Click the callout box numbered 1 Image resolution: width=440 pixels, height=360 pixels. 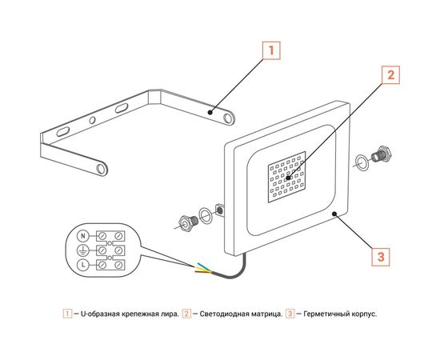point(271,50)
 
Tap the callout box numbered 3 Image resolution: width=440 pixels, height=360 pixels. point(382,257)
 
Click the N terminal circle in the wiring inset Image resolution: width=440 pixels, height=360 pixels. point(82,236)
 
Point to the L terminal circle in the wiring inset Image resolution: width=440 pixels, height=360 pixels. point(82,264)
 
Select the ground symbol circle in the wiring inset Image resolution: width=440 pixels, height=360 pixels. point(82,250)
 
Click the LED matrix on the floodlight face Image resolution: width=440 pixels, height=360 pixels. point(289,178)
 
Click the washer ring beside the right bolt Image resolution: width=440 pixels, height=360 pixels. point(362,162)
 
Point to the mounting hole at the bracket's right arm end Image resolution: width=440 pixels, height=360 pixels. point(229,118)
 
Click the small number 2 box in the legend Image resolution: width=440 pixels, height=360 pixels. point(186,314)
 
